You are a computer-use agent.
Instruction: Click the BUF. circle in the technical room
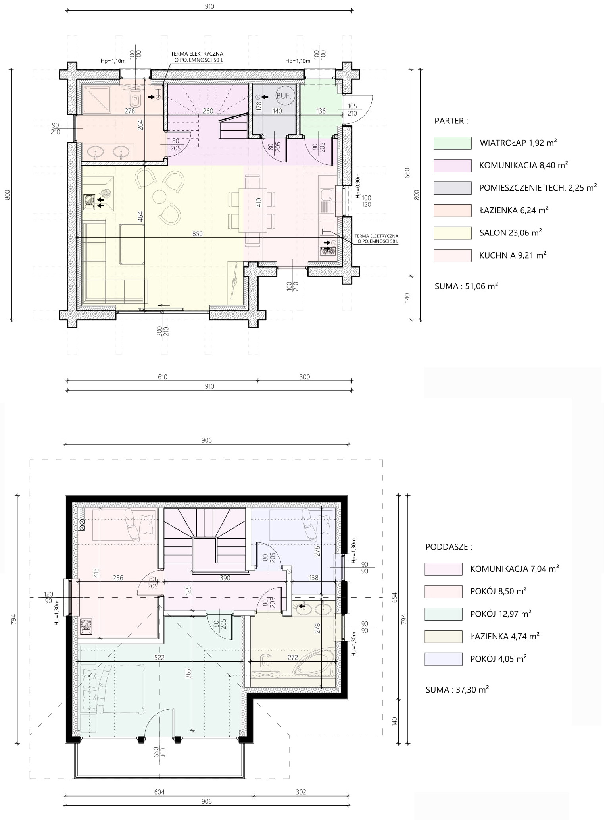(x=284, y=95)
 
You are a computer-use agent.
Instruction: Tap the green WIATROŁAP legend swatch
(x=452, y=143)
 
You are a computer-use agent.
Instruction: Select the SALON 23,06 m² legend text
(x=511, y=233)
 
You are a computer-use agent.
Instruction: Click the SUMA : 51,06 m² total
(x=466, y=286)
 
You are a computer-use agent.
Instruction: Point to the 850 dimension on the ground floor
(x=197, y=234)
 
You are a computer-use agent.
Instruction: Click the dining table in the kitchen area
(x=252, y=210)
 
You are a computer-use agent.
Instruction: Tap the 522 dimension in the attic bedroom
(x=159, y=658)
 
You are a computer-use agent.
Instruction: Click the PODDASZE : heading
(x=449, y=547)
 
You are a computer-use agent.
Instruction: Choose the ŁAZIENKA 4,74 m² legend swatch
(x=443, y=637)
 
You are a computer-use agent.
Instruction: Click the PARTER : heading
(x=451, y=121)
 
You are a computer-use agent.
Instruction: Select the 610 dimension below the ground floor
(x=162, y=377)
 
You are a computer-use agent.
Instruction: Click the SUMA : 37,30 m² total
(x=457, y=690)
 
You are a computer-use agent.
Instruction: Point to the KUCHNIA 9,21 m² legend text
(x=513, y=255)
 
